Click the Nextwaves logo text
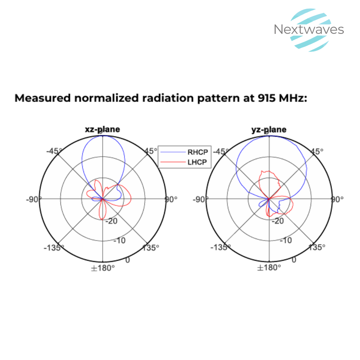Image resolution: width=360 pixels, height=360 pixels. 309,30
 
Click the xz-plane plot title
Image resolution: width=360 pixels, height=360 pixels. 102,130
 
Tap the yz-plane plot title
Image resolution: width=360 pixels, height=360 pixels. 268,130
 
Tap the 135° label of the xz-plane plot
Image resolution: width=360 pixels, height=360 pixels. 151,247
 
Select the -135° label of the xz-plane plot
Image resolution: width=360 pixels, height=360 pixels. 54,247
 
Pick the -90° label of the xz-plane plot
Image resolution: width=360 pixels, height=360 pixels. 34,199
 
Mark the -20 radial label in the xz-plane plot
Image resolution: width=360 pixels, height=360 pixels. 111,221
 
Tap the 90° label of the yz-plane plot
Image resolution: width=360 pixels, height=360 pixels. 337,199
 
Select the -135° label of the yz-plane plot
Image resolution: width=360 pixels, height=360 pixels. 220,247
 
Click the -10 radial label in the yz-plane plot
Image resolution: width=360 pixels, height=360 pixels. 286,240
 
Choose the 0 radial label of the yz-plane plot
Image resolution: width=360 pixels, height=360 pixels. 294,260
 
